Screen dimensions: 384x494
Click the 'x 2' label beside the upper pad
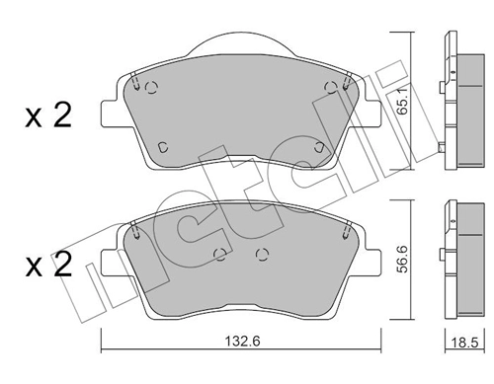(x=48, y=116)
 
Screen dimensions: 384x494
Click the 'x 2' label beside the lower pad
(x=48, y=265)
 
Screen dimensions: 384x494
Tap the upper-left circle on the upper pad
(x=151, y=87)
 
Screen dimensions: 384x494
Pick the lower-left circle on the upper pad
(x=164, y=147)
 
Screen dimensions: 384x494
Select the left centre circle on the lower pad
(x=219, y=253)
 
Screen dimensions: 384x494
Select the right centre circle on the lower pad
(x=261, y=253)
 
